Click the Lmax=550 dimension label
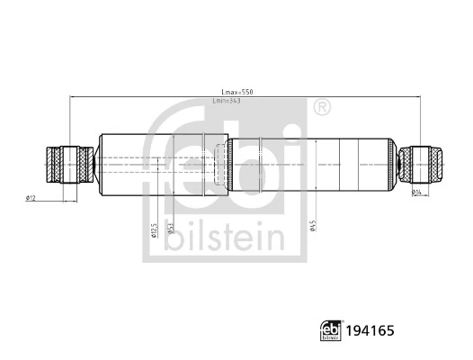click(237, 92)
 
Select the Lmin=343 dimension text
click(228, 101)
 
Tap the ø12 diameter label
click(30, 197)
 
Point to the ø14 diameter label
click(417, 192)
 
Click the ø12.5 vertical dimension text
click(154, 230)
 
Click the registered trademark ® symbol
click(321, 107)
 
